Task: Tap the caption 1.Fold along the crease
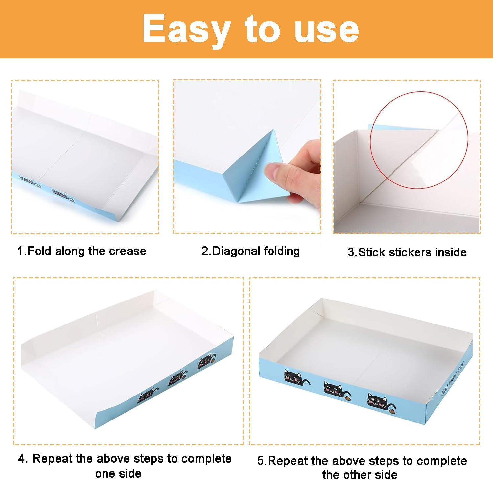(x=82, y=251)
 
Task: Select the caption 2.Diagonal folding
(x=250, y=251)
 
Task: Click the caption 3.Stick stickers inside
(x=407, y=252)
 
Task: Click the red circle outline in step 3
(x=419, y=92)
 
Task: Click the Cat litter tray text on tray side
(x=452, y=378)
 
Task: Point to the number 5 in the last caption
(x=260, y=461)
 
